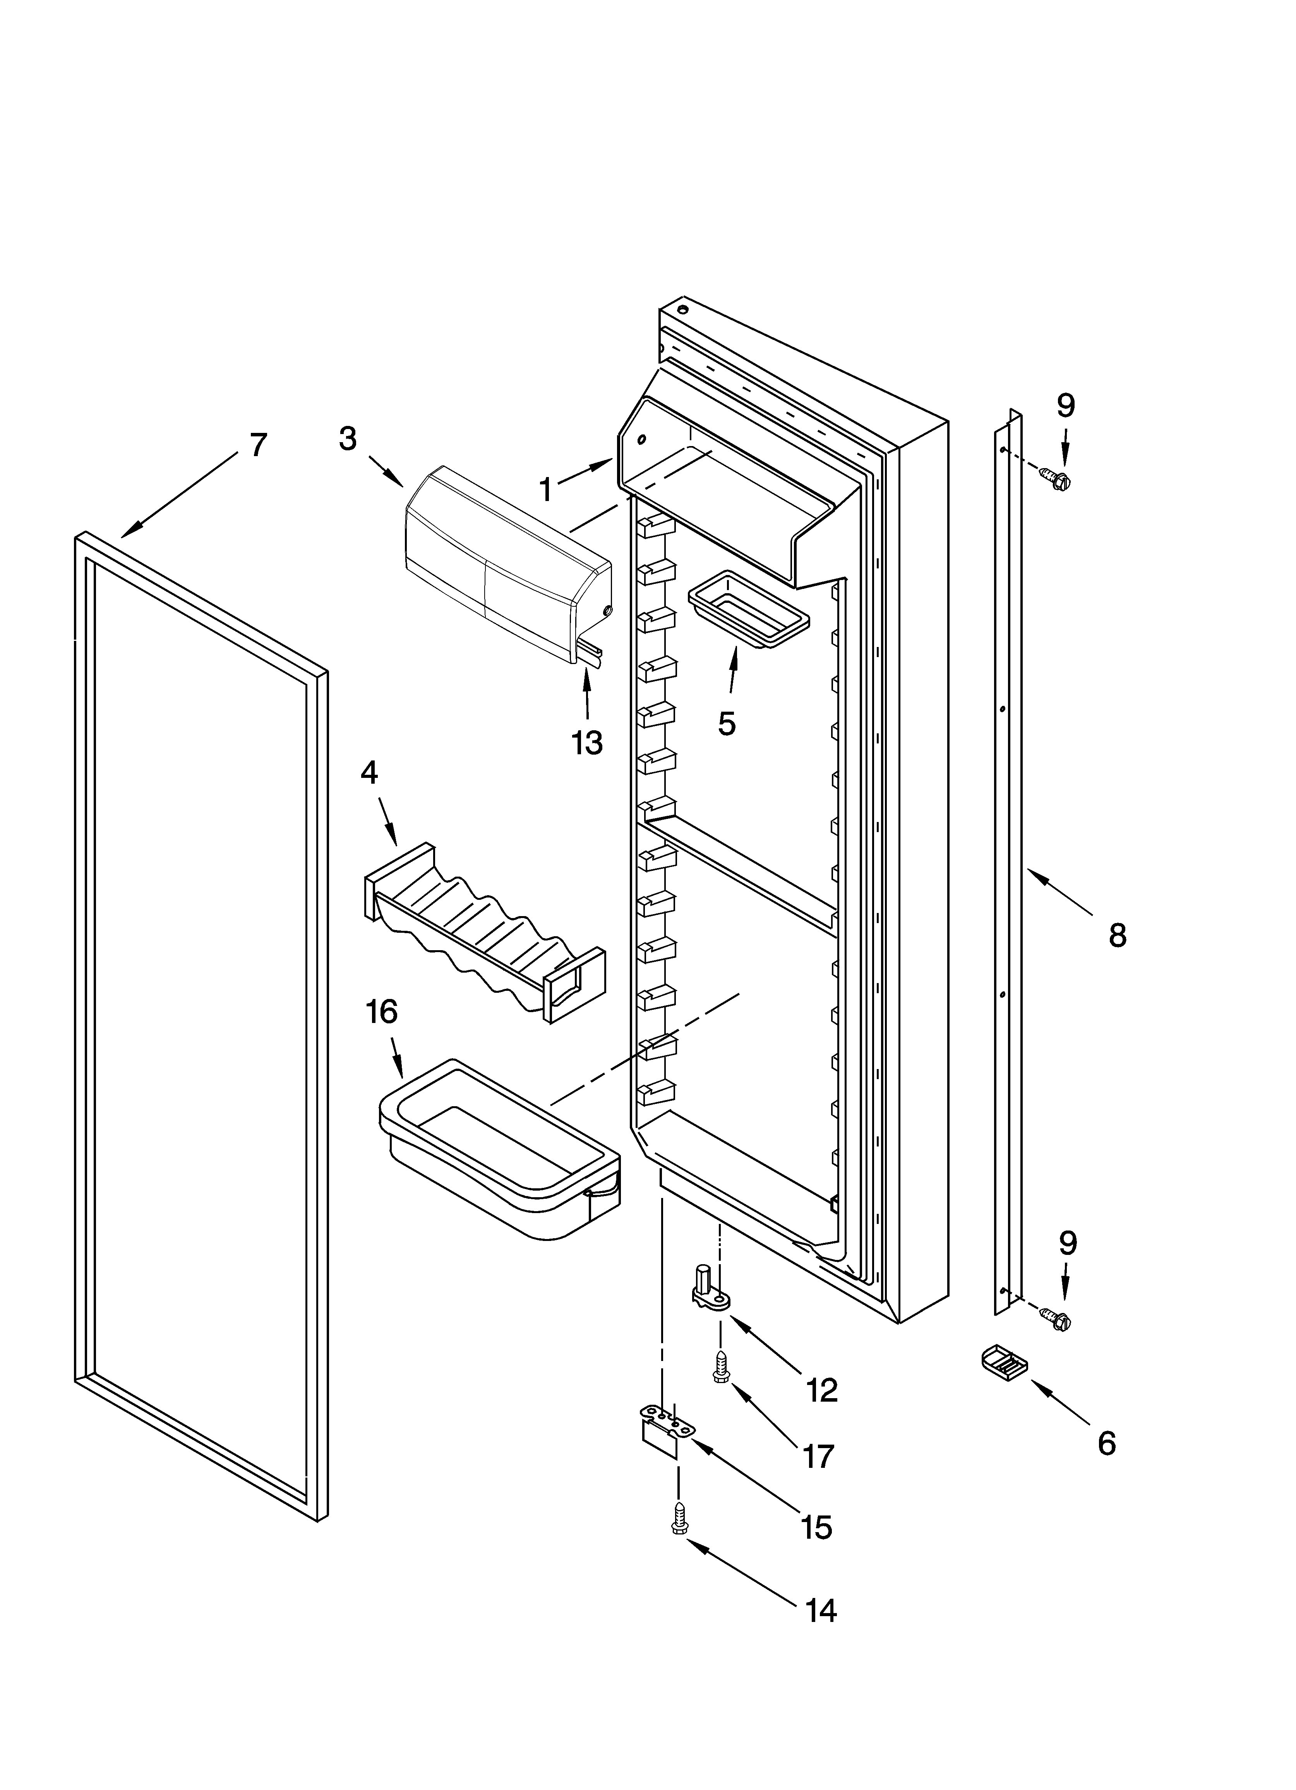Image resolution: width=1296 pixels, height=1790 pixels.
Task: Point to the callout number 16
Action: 381,1012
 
